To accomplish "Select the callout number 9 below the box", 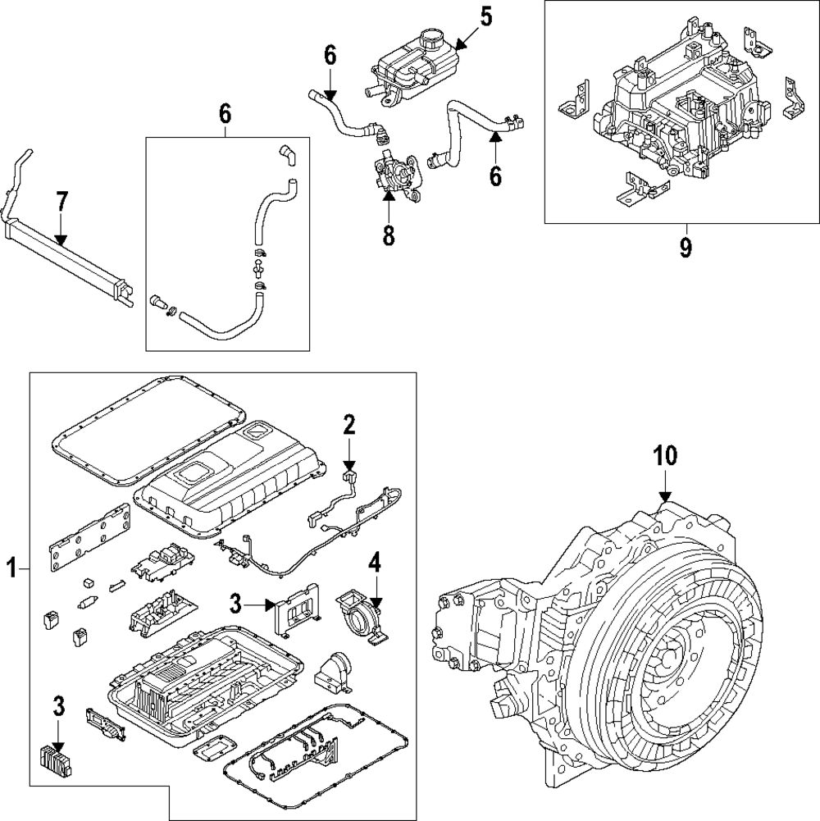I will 686,247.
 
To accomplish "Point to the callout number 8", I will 388,235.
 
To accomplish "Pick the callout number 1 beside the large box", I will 12,567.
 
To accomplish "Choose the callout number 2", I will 349,424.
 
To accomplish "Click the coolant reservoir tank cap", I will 430,39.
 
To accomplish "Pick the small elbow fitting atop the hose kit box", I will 287,153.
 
